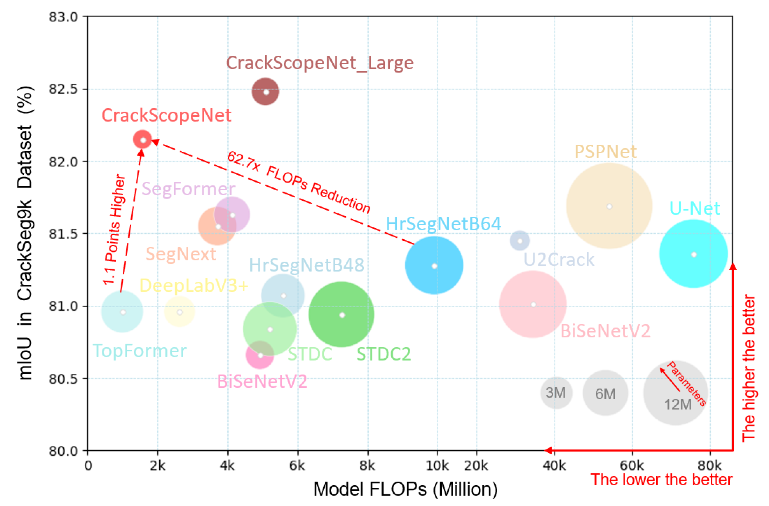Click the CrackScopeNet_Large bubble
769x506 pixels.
[x=265, y=92]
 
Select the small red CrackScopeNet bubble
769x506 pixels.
[x=143, y=140]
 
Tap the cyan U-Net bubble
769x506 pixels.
[x=693, y=254]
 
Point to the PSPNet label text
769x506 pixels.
[x=605, y=151]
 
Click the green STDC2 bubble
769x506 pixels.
[x=342, y=315]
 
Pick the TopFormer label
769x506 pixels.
[x=140, y=350]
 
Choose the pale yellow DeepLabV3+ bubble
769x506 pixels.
[x=180, y=312]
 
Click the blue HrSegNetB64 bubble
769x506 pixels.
[x=434, y=265]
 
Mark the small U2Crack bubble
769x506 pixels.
[x=520, y=241]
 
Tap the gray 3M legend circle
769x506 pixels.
[x=556, y=393]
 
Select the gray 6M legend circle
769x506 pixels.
[x=605, y=393]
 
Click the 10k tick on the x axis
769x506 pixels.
[x=437, y=465]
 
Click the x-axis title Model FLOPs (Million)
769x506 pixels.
[x=405, y=489]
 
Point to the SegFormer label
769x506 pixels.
[x=188, y=188]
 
